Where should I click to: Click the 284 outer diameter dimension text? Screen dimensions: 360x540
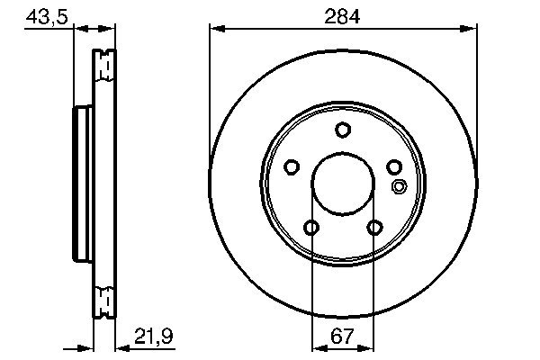[342, 15]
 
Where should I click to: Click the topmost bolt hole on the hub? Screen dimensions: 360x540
[343, 130]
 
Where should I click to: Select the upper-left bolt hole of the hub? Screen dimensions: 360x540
[291, 166]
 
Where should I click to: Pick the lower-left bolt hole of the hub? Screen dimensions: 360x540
[310, 228]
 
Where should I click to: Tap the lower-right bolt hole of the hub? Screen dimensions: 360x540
[374, 228]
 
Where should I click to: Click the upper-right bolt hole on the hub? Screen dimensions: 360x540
[394, 166]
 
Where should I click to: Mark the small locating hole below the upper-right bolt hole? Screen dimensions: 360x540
[400, 187]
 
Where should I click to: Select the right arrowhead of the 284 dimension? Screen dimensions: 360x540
[470, 30]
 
